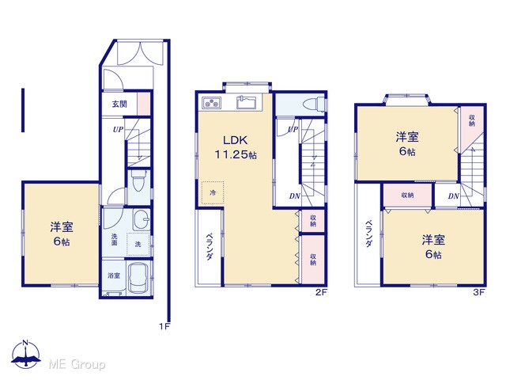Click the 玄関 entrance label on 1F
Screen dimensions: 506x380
tap(119, 104)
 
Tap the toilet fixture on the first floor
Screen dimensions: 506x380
tap(139, 181)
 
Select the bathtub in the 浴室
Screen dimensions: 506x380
tap(139, 278)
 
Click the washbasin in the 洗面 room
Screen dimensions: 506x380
tap(141, 219)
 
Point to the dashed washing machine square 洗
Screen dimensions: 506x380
tap(138, 244)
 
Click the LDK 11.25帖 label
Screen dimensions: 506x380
tap(236, 147)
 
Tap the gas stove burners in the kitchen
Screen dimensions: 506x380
tap(211, 103)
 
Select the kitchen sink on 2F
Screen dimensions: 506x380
tap(246, 102)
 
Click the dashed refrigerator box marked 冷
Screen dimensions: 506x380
tap(213, 192)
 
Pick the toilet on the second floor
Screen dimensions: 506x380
tap(315, 104)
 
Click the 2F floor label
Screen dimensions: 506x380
tap(322, 292)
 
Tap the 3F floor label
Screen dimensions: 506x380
tap(479, 292)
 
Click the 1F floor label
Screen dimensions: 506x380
tap(164, 326)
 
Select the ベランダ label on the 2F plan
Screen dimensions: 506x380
tap(209, 246)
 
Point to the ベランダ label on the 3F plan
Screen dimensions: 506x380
tap(368, 234)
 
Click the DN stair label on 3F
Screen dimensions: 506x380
tap(453, 196)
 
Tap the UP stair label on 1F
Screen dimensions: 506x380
tap(118, 129)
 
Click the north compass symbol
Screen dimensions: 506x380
tap(26, 354)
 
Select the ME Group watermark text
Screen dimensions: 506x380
tap(77, 364)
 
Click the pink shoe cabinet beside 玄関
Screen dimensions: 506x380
tap(144, 104)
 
